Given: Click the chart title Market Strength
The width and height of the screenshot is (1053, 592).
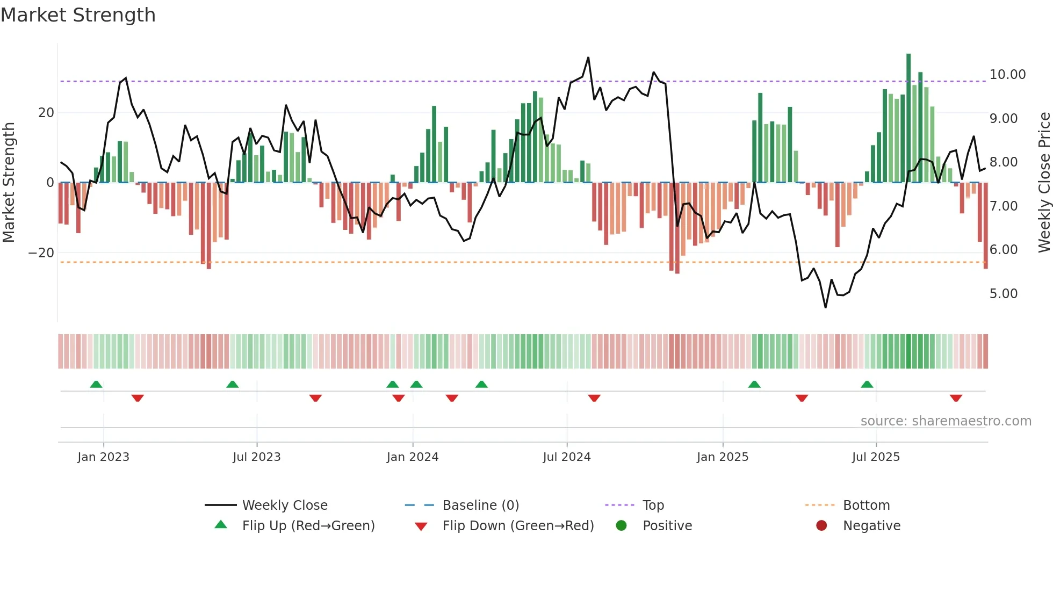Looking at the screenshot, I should click(78, 15).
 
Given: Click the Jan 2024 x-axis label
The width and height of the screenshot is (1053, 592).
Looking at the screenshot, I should click(412, 457).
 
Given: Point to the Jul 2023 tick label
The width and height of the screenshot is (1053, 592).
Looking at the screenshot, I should click(256, 457).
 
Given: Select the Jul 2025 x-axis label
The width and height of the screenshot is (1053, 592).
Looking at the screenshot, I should click(875, 457).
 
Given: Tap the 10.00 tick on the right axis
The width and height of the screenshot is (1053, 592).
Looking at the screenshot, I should click(1007, 75).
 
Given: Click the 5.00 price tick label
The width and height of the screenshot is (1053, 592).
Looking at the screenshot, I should click(1003, 294).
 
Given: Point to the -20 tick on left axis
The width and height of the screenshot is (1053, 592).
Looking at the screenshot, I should click(41, 253).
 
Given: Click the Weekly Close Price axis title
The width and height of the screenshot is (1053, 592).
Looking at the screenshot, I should click(1044, 183).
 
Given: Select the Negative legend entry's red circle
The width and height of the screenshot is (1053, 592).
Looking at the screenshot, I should click(821, 526).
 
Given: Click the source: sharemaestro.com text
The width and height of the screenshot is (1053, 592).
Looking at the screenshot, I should click(946, 421).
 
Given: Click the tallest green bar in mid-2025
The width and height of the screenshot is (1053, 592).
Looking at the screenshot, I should click(908, 118).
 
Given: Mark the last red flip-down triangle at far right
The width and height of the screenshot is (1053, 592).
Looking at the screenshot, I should click(956, 398).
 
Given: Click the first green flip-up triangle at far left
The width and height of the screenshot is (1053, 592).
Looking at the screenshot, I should click(96, 384).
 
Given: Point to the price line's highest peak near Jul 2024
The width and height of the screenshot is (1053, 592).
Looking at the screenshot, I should click(588, 58).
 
